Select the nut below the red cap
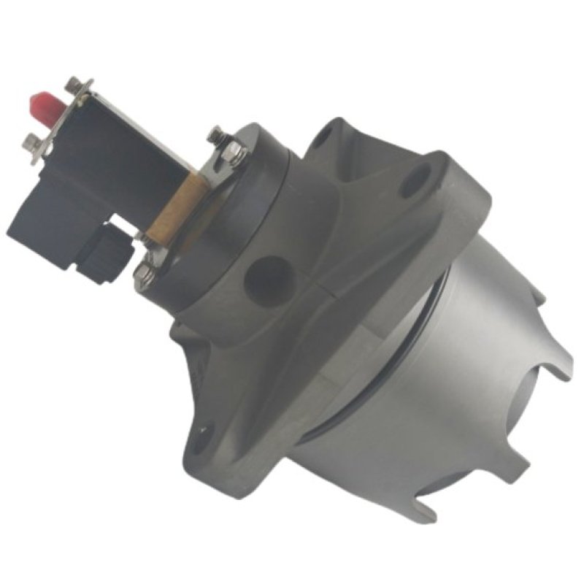click(x=32, y=140)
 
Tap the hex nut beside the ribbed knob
click(x=141, y=273)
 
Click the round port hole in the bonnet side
click(x=260, y=277)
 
